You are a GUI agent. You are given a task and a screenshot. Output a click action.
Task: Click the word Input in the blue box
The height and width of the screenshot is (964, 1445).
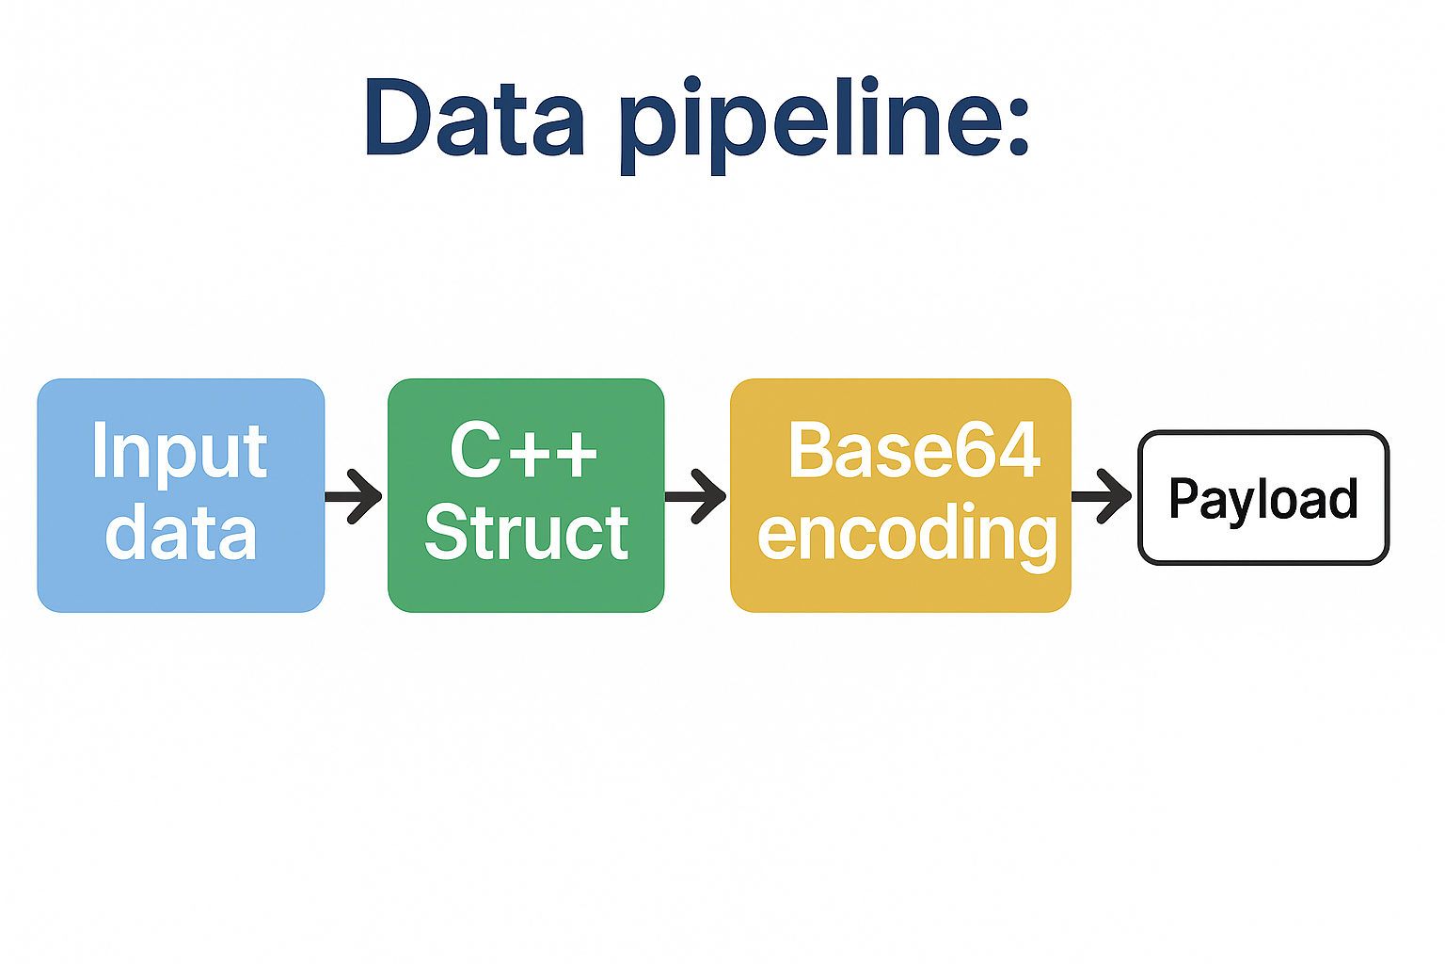(x=180, y=453)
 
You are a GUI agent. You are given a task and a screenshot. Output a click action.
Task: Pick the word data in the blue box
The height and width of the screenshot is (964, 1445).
(x=181, y=533)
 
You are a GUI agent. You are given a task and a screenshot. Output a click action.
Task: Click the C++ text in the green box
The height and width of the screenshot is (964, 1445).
(x=524, y=451)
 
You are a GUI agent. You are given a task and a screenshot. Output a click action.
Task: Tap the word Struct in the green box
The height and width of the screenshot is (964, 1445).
(x=526, y=533)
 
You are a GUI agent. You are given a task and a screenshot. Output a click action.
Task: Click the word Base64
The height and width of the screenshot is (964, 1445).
(x=913, y=451)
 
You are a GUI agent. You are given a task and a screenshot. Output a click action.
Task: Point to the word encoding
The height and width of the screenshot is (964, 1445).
(x=907, y=535)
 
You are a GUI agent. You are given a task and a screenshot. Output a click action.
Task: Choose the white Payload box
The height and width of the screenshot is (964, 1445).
(x=1262, y=546)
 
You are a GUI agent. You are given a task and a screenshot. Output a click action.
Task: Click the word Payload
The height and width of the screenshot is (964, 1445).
(x=1262, y=498)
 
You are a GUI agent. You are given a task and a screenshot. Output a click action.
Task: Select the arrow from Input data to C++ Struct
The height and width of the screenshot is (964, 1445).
(x=355, y=496)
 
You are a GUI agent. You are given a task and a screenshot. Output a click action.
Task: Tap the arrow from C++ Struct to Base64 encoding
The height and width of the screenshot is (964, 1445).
(x=697, y=496)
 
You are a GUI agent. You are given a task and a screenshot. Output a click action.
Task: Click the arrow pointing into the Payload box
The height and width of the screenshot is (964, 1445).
(x=1104, y=496)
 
